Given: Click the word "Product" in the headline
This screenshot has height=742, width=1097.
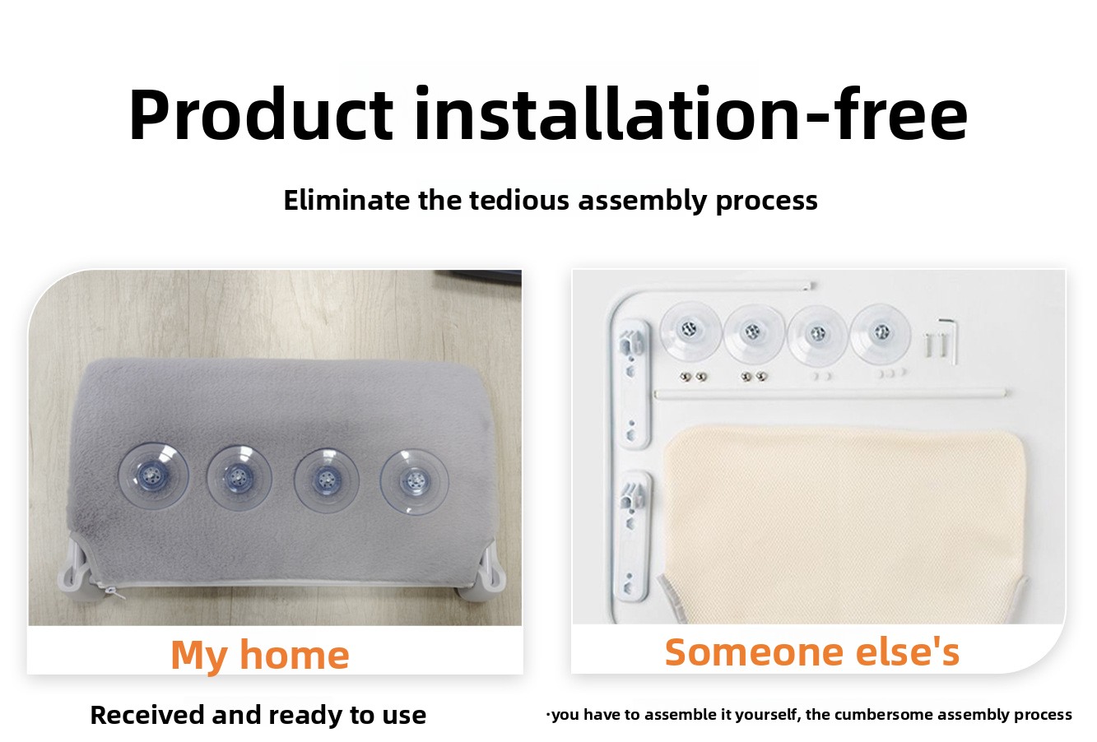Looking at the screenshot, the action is [261, 115].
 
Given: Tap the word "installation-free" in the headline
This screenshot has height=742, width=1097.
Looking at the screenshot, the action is [690, 114].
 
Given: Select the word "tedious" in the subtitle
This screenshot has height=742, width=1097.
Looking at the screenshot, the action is [519, 200].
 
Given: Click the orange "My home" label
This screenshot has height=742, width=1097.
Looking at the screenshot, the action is [260, 655].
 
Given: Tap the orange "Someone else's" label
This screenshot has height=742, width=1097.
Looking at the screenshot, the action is [812, 652].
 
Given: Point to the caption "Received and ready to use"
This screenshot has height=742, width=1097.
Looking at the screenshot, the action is [258, 715].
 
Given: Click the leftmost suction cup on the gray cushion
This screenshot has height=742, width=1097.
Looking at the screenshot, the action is [153, 477].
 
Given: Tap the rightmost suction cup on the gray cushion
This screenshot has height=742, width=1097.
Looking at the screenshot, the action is [414, 482].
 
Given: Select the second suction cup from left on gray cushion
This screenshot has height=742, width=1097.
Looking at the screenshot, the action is [239, 478].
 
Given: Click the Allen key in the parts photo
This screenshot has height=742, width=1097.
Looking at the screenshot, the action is [950, 341].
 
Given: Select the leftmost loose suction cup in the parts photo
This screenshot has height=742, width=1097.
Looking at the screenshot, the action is [690, 332].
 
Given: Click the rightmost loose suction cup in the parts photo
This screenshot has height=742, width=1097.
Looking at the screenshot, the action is [881, 333].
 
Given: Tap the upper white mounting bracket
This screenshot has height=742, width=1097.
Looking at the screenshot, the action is [634, 383].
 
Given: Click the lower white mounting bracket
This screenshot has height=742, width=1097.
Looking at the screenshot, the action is [635, 536].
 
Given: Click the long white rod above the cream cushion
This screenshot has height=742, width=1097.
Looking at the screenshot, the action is [830, 393].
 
